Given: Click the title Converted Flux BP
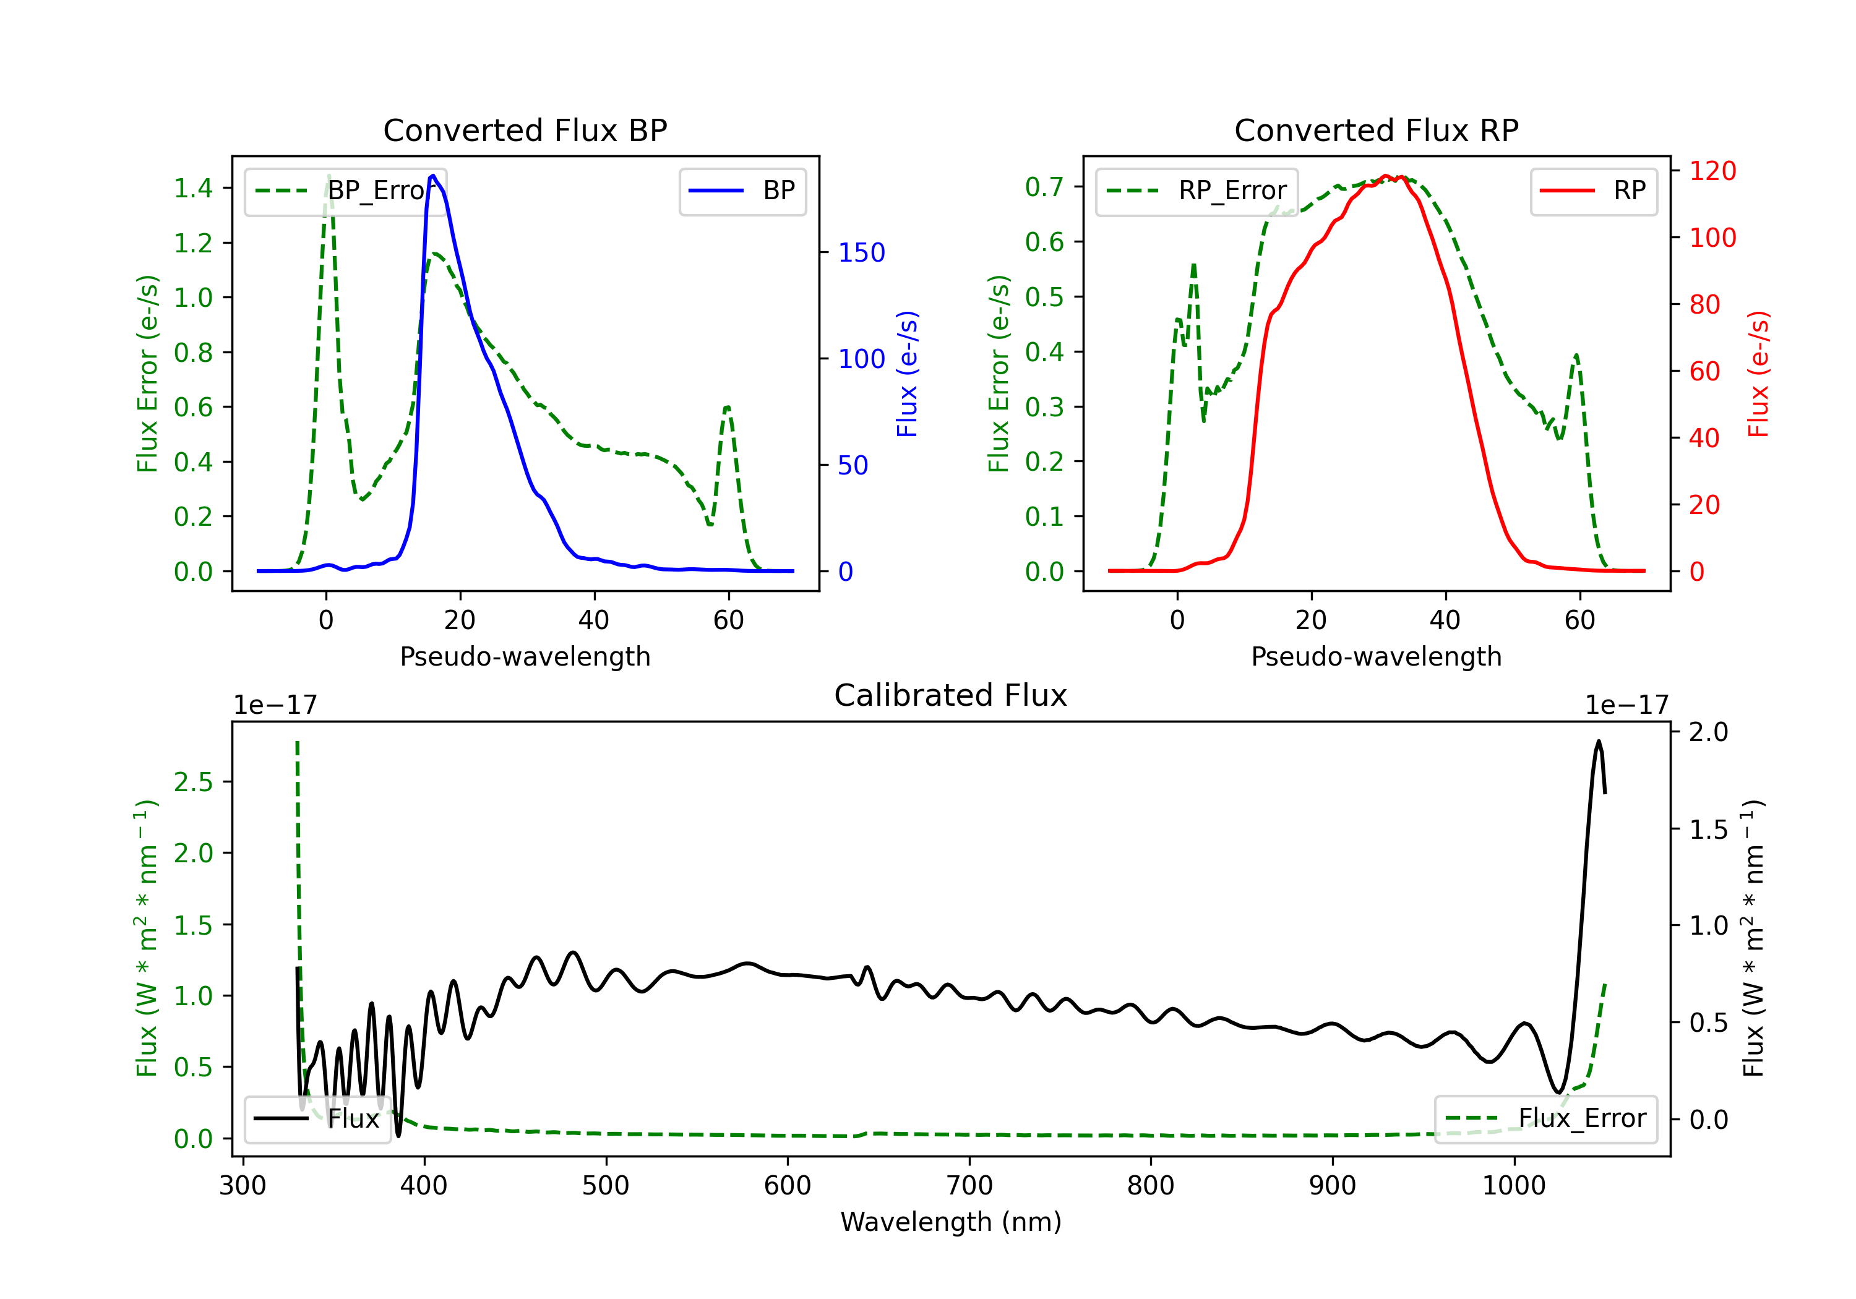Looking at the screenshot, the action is coord(525,130).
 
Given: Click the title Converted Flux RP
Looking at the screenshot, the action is coord(1376,130).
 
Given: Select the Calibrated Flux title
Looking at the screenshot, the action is coord(951,695).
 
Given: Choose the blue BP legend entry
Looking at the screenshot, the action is coord(742,191).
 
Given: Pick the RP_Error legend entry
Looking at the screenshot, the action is coord(1197,191).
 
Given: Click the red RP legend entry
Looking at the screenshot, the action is coord(1593,191).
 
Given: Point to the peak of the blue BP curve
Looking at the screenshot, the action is coord(433,176).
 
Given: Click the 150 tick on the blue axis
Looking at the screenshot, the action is coord(861,252).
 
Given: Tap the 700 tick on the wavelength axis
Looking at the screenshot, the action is coord(968,1186).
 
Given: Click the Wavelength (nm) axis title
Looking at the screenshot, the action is coord(951,1222).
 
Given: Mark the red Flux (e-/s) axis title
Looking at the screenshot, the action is coord(1758,374).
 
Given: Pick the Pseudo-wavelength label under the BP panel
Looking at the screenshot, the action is coord(525,656).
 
